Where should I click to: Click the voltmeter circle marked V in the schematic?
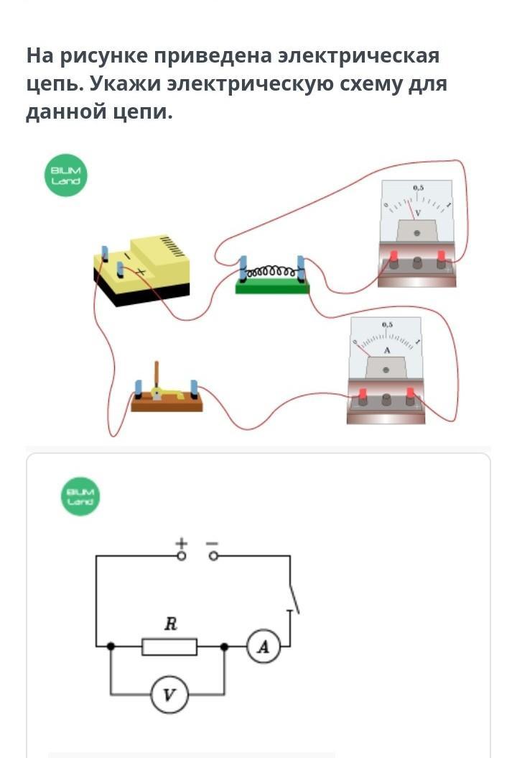(x=169, y=695)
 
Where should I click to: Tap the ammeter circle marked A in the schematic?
(x=264, y=647)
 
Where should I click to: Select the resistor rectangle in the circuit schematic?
(x=169, y=647)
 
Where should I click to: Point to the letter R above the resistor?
(x=170, y=624)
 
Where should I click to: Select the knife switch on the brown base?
(x=166, y=392)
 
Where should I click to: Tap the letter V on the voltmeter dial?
(x=418, y=213)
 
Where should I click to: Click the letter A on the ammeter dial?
(x=386, y=350)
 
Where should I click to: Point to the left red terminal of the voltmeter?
(x=393, y=257)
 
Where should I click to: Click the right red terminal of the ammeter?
(x=411, y=394)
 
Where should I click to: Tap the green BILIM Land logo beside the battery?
(x=66, y=176)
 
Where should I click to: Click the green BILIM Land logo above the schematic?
(x=80, y=496)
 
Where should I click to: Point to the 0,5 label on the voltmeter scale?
(x=418, y=188)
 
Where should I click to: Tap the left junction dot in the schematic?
(x=111, y=647)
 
